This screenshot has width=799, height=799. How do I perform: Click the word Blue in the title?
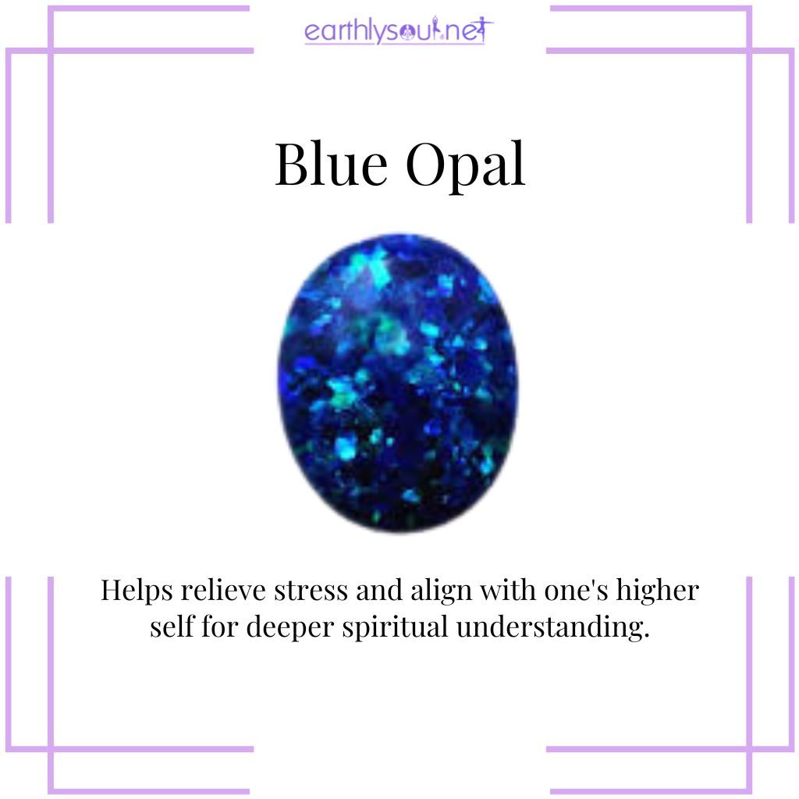[x=327, y=165]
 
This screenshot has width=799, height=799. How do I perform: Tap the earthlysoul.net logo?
[x=399, y=33]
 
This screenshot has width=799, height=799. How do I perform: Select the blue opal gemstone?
[x=398, y=382]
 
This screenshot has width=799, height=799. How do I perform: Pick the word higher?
[x=657, y=591]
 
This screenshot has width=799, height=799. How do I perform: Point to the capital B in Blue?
[x=293, y=165]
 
